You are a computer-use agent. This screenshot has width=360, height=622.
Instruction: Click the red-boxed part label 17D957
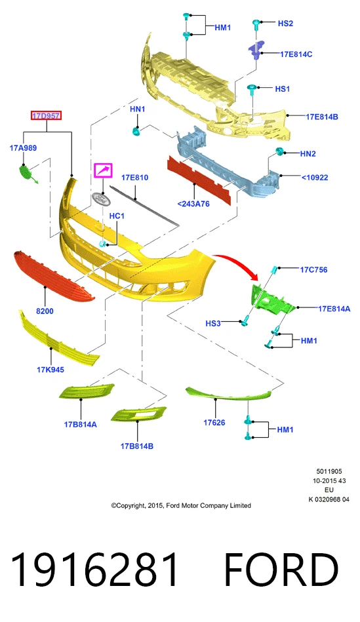click(x=47, y=116)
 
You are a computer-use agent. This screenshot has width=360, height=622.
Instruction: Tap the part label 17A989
click(x=23, y=148)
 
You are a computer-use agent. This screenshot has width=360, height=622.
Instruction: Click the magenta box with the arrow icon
click(x=103, y=170)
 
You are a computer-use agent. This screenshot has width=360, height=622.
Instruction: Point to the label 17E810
click(x=134, y=178)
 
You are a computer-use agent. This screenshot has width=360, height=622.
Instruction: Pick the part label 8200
click(x=45, y=311)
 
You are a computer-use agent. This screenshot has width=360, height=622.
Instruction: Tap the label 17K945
click(x=50, y=370)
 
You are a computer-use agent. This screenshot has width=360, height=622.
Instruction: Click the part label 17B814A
click(x=81, y=425)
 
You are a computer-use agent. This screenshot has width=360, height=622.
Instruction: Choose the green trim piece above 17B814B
click(x=138, y=414)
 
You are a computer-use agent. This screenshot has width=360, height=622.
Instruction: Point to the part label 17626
click(x=214, y=423)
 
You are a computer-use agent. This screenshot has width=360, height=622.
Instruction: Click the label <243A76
click(x=193, y=204)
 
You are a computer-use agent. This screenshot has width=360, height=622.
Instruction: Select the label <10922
click(x=315, y=178)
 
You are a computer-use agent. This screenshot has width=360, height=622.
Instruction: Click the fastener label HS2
click(x=285, y=24)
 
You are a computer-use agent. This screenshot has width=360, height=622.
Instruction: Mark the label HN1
click(x=137, y=109)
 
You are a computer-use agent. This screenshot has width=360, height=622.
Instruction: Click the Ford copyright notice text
click(x=181, y=505)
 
